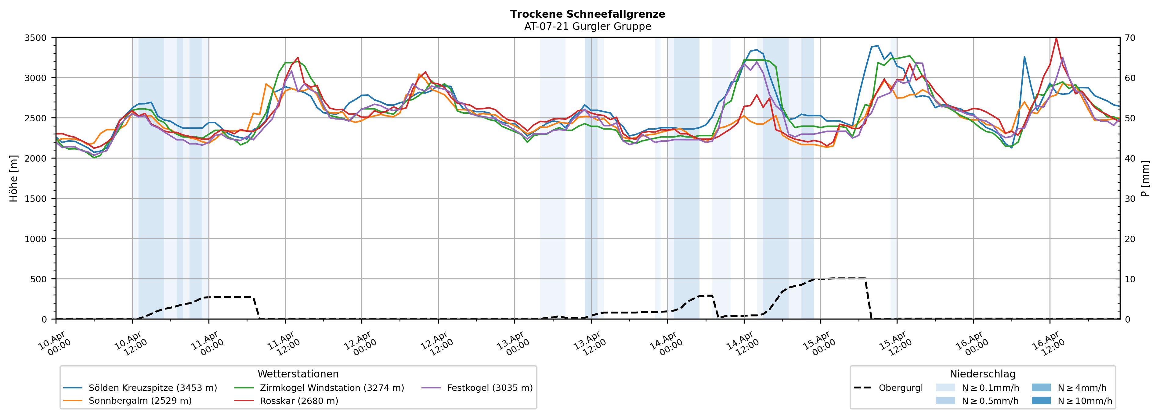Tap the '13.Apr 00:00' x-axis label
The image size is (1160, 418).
point(513,344)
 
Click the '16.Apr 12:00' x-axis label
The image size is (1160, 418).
point(1049,344)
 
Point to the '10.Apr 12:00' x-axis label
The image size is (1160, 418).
point(131,344)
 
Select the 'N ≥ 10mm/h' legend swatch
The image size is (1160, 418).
point(1041,400)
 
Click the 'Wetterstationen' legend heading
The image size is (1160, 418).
point(298,374)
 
